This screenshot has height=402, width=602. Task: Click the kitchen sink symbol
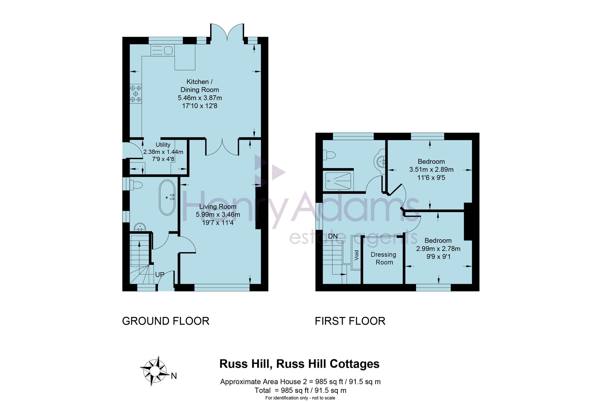click(x=162, y=50)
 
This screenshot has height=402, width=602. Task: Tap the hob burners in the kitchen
click(x=135, y=93)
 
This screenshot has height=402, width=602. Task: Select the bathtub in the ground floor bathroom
click(x=167, y=197)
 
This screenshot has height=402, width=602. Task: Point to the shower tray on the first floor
click(x=338, y=181)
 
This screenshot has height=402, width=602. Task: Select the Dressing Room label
click(x=383, y=258)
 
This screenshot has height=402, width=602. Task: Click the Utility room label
click(x=163, y=145)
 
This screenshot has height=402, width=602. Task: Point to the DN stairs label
click(x=333, y=236)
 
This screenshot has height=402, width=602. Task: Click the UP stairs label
click(x=160, y=275)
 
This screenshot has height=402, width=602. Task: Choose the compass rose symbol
click(x=154, y=371)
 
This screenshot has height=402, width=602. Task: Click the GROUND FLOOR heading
click(x=166, y=321)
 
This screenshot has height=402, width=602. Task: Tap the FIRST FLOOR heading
click(x=350, y=321)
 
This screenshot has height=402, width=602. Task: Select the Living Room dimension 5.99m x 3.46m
click(x=218, y=215)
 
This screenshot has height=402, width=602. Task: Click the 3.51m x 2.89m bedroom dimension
click(x=431, y=169)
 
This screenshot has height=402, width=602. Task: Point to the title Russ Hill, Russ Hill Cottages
click(x=299, y=364)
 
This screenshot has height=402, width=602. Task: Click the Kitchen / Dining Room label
click(x=200, y=86)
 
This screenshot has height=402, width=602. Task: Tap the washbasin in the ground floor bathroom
click(x=139, y=227)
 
